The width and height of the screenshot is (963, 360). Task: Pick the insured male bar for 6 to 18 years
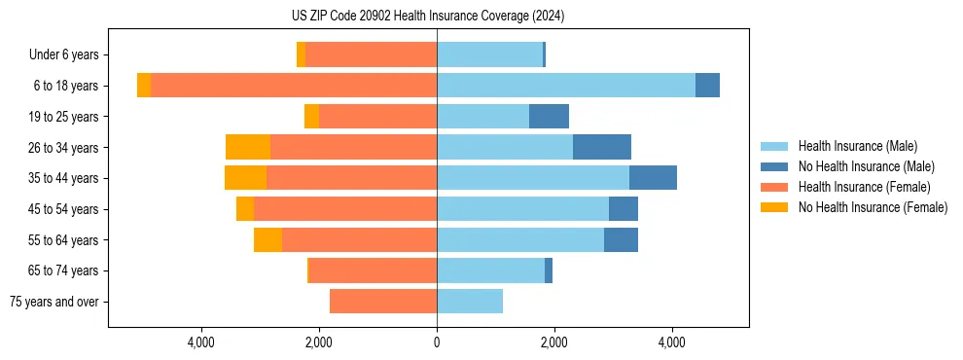(x=565, y=86)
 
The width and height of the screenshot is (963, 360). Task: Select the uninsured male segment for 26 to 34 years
(x=602, y=147)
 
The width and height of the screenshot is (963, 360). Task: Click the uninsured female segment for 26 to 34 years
(x=248, y=147)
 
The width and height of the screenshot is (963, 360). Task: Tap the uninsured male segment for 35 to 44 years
(x=653, y=178)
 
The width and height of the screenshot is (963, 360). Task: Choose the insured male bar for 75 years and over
(x=470, y=302)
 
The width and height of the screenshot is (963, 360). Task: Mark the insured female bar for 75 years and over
(x=383, y=302)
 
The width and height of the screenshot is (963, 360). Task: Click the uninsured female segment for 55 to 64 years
(x=267, y=239)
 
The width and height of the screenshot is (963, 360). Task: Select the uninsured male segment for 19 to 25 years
(x=549, y=117)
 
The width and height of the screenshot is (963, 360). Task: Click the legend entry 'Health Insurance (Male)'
(x=857, y=146)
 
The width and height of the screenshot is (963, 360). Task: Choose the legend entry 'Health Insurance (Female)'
(x=864, y=187)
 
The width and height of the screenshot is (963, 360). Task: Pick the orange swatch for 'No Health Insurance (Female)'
(x=775, y=207)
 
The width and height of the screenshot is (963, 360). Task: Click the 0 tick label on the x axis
(x=437, y=342)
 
